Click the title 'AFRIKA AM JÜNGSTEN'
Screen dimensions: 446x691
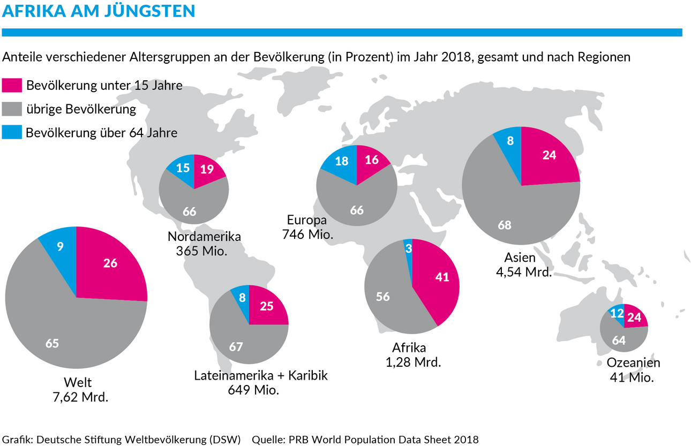click(x=99, y=11)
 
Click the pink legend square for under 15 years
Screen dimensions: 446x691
click(x=12, y=86)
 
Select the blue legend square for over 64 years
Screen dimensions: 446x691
click(x=12, y=132)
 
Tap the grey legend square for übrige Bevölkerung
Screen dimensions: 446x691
click(x=12, y=109)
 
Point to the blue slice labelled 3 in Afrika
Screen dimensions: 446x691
click(x=408, y=250)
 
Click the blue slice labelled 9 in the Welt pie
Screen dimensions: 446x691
click(x=60, y=247)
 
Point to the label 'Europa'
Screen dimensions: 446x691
click(x=307, y=220)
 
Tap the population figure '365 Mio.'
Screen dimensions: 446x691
click(x=202, y=250)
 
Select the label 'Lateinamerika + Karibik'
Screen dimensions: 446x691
click(x=261, y=375)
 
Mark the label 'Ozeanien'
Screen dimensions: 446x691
click(x=633, y=362)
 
